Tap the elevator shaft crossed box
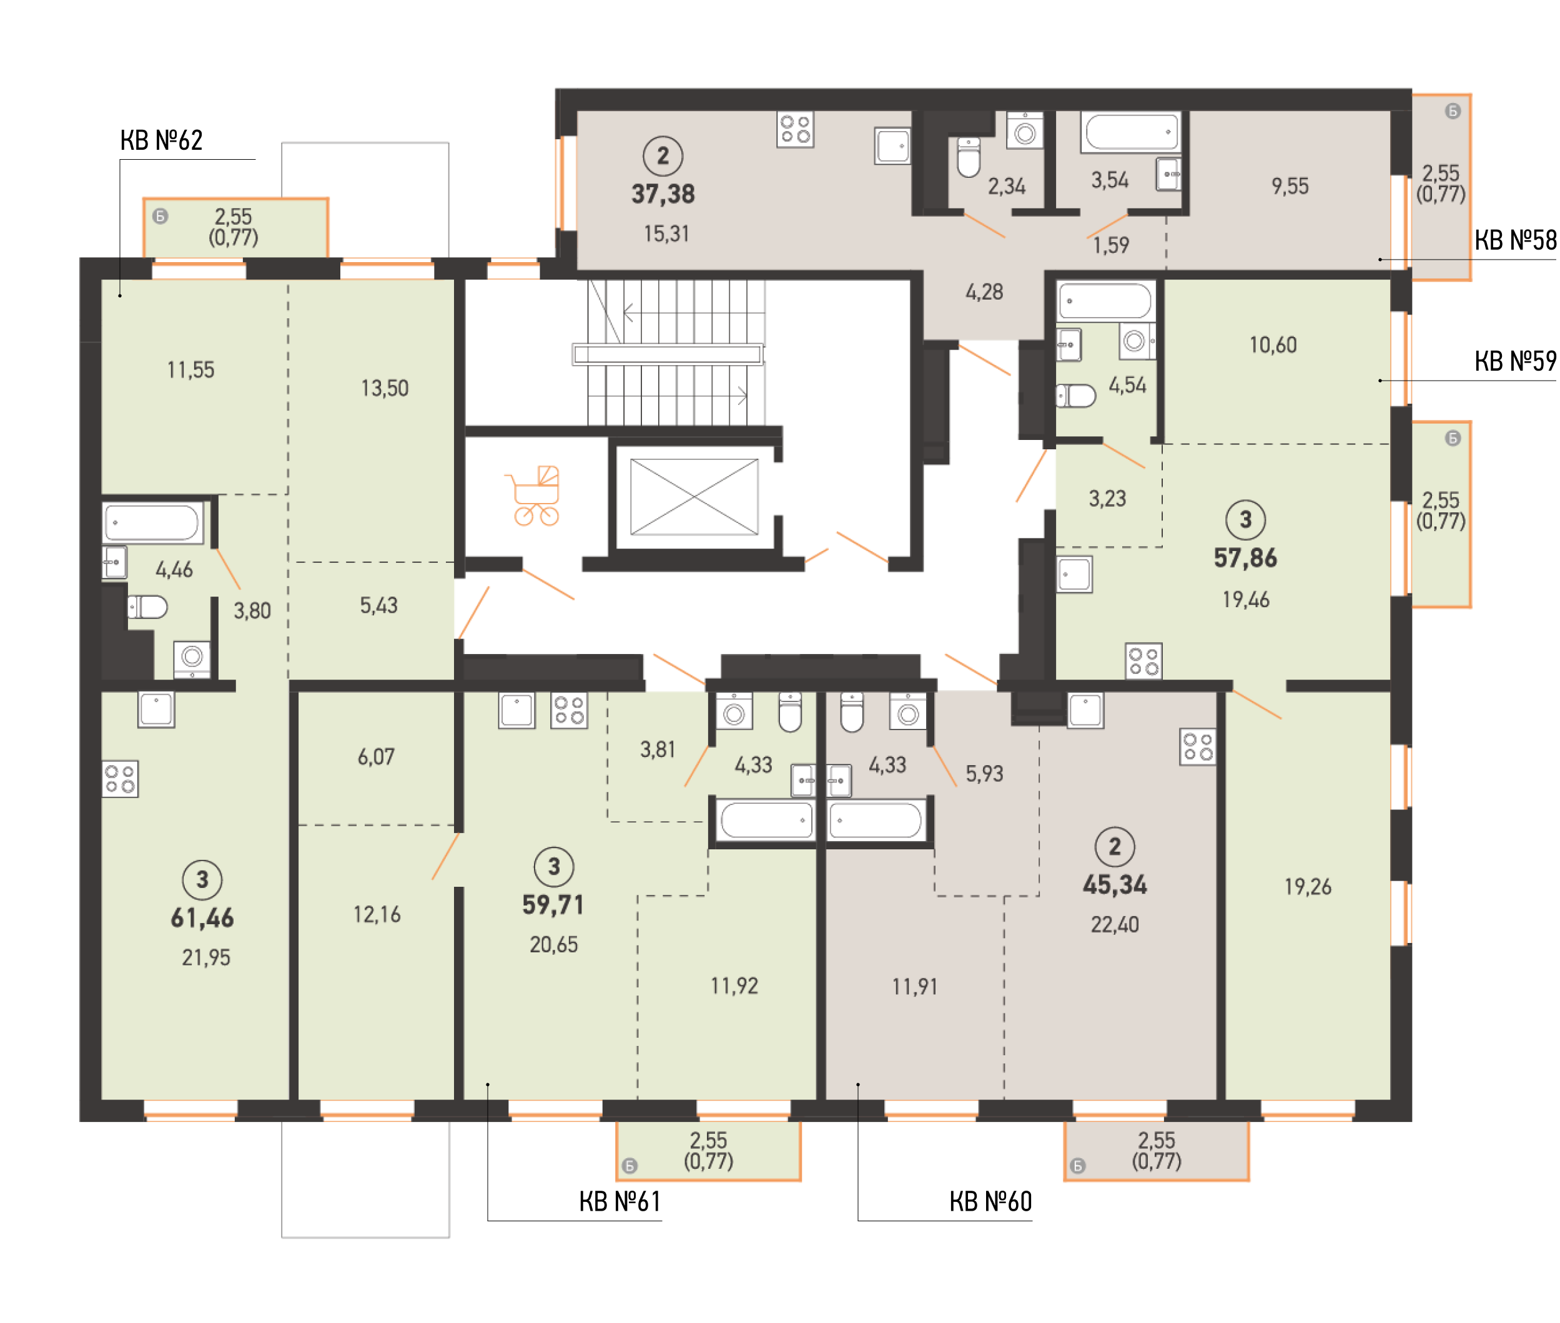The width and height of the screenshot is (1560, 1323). (x=693, y=497)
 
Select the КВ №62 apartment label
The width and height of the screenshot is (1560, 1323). (x=161, y=140)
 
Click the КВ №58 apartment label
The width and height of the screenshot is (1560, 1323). (x=1515, y=240)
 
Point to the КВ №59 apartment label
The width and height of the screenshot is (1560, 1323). (x=1515, y=361)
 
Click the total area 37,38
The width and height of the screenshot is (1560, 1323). (x=663, y=194)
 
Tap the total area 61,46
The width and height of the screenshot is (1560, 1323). (x=202, y=917)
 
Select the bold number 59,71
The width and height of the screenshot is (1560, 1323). (x=553, y=904)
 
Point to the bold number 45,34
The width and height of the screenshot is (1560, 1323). (x=1115, y=885)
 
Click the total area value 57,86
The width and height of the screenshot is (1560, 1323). (x=1246, y=558)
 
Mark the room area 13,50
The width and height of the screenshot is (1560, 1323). (x=385, y=389)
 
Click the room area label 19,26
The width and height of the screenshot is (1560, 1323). (x=1308, y=887)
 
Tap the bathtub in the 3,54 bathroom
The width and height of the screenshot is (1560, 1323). (x=1131, y=132)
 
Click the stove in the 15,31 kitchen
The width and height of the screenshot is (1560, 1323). (x=796, y=130)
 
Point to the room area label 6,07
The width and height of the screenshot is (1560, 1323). (x=376, y=757)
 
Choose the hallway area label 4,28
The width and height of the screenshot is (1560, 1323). (x=984, y=293)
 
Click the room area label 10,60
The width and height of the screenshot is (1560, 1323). (x=1273, y=345)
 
